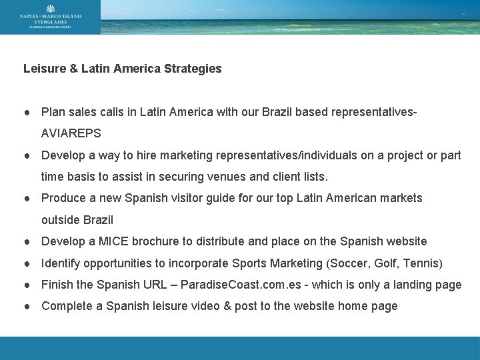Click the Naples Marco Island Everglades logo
50,17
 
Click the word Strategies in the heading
194,69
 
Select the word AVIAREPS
71,133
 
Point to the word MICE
110,241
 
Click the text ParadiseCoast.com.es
237,285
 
